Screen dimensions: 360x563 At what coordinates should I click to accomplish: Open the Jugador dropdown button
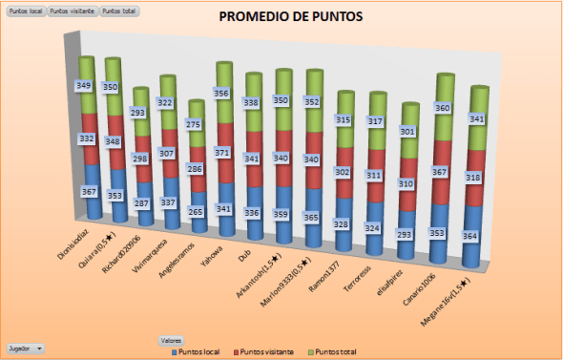(x=26, y=349)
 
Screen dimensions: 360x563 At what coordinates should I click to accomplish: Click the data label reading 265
(x=196, y=212)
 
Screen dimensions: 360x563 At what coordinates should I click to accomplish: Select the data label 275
(x=195, y=124)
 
